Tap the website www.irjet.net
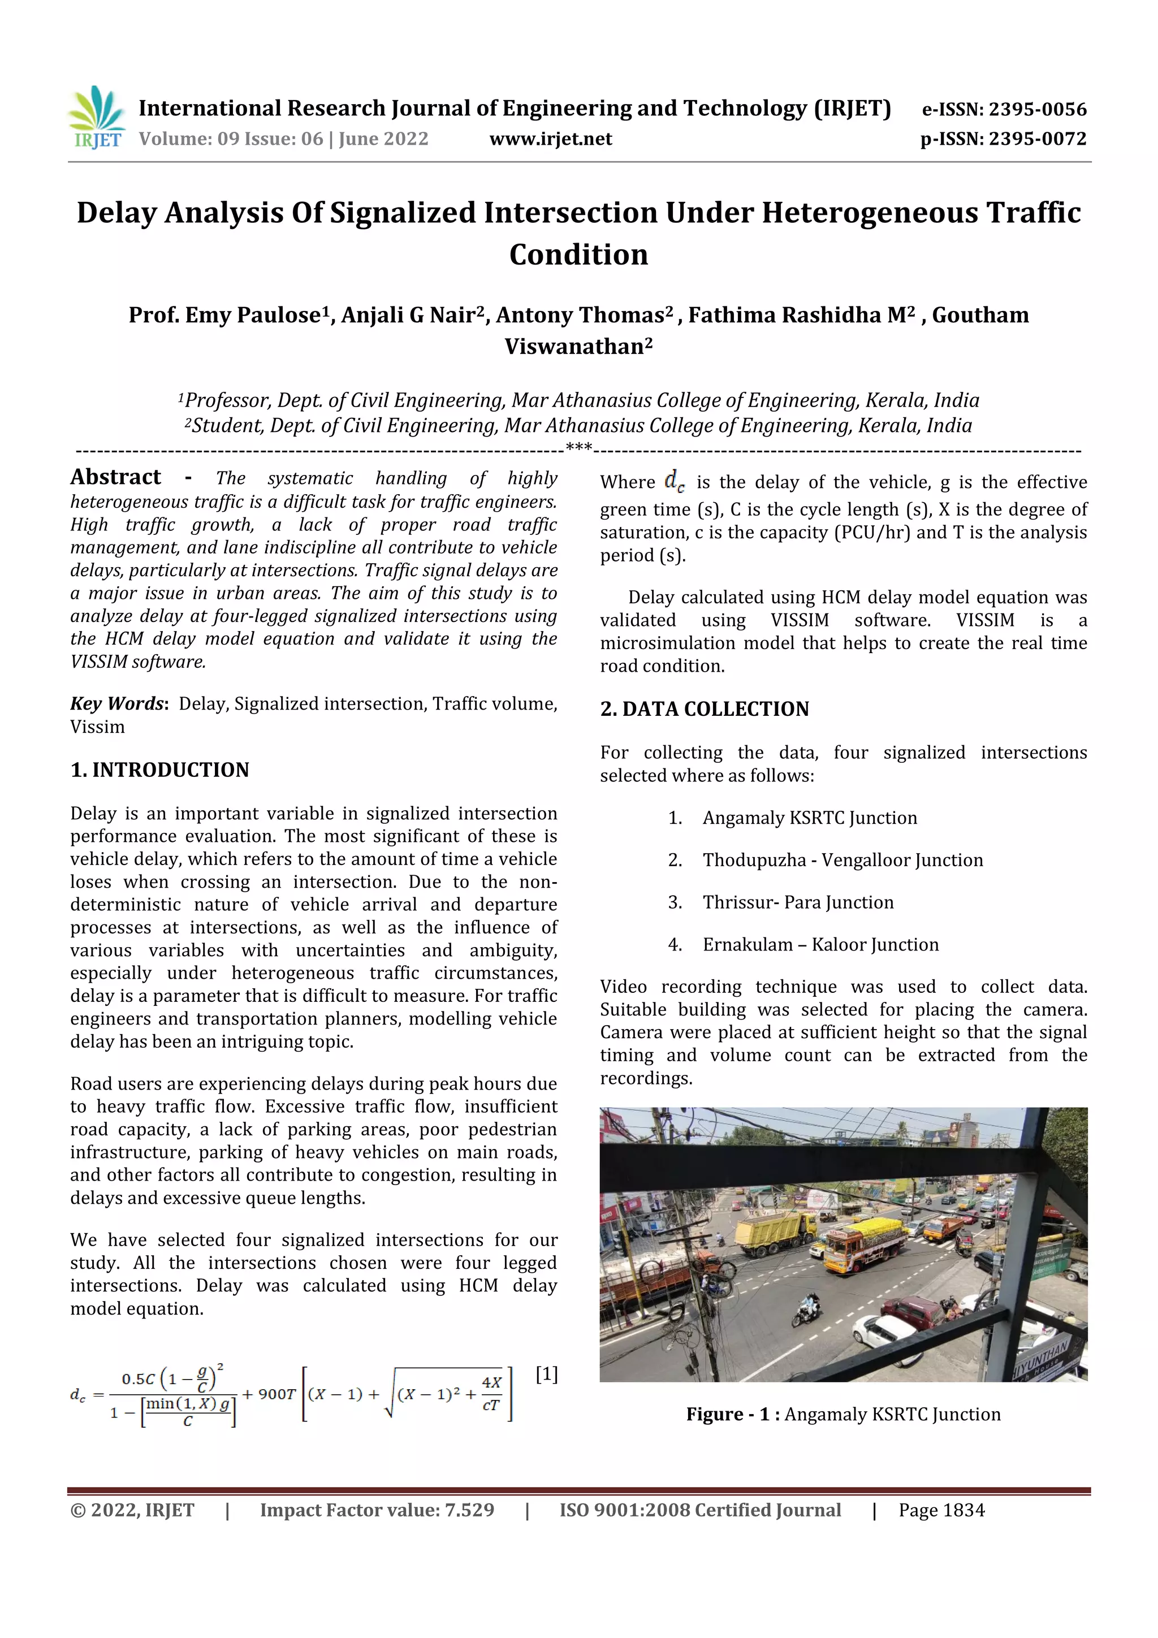point(550,139)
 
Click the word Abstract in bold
point(115,477)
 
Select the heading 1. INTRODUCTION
point(160,770)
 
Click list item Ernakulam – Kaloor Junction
point(820,945)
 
